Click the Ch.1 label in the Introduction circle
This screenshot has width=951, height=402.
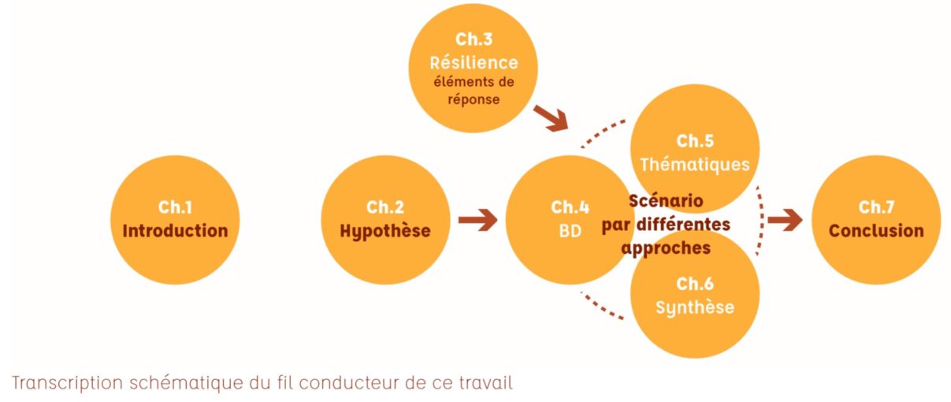coord(175,207)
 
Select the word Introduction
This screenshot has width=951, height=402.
coord(175,231)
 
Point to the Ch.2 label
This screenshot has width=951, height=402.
coord(385,207)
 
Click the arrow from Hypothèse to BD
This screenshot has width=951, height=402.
coord(477,220)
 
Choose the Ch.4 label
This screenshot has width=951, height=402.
coord(570,207)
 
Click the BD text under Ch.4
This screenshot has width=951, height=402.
coord(570,231)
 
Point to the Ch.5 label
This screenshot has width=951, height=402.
coord(695,142)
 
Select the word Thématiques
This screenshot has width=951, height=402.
coord(695,165)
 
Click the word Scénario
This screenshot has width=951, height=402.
coord(666,201)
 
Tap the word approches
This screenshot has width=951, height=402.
coord(666,247)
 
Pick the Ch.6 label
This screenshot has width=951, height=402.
coord(695,284)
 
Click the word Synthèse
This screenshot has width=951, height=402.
coord(695,307)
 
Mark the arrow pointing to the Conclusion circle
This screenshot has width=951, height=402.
coord(785,220)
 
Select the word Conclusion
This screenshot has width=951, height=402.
coord(876,231)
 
